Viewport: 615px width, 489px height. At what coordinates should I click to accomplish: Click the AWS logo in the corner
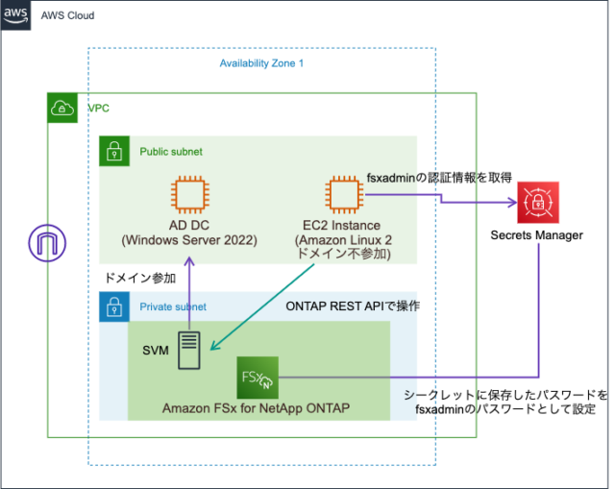click(x=16, y=15)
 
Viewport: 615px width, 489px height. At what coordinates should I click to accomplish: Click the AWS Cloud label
click(x=68, y=16)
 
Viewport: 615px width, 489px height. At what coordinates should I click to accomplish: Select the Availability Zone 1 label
click(x=260, y=63)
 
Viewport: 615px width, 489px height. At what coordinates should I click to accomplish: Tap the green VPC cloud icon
click(x=63, y=109)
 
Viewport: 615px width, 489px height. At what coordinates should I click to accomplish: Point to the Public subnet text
click(x=171, y=152)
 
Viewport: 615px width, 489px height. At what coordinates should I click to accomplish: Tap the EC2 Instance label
click(x=341, y=224)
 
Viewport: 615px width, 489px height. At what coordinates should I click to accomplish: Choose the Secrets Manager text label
click(x=536, y=234)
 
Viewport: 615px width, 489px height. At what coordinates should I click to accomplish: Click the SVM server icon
click(x=189, y=351)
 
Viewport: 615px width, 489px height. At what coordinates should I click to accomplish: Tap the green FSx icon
click(x=256, y=376)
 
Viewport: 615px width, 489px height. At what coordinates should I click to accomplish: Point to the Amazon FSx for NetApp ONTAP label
click(x=255, y=408)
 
